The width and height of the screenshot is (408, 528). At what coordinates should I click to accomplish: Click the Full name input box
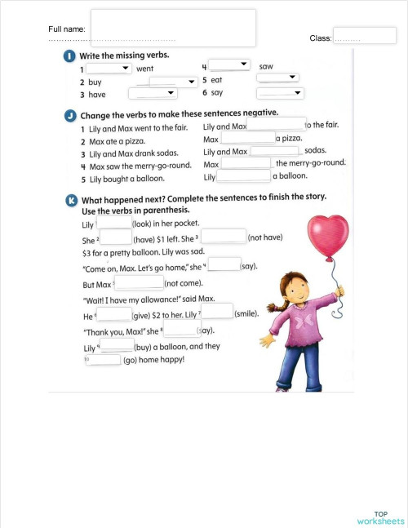[173, 28]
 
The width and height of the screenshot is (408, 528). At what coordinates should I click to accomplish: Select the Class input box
[364, 35]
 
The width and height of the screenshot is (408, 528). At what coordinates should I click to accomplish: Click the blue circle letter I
[69, 55]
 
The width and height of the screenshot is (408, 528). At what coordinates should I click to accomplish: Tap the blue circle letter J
[69, 114]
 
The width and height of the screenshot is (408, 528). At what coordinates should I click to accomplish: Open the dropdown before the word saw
[229, 64]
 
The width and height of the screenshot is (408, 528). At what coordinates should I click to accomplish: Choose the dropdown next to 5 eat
[277, 78]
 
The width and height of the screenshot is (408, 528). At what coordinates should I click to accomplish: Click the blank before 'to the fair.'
[277, 124]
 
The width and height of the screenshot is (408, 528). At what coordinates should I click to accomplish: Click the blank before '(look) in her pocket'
[113, 223]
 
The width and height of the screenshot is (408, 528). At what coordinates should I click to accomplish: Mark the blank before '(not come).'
[140, 283]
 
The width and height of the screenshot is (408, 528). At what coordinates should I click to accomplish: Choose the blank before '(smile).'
[216, 311]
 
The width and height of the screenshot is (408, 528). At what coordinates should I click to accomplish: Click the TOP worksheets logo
[379, 517]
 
